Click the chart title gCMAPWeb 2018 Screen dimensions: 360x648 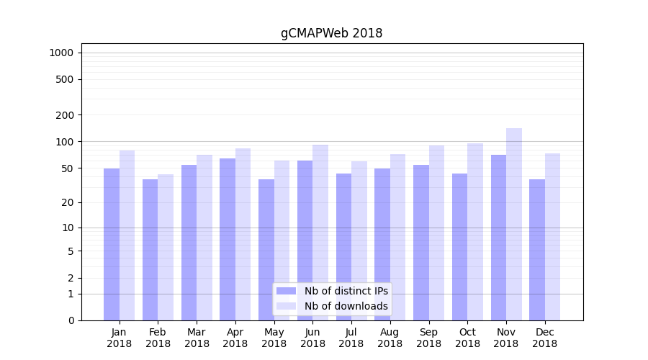pyautogui.click(x=331, y=33)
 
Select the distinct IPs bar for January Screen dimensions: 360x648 pyautogui.click(x=112, y=244)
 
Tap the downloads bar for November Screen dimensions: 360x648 pyautogui.click(x=514, y=224)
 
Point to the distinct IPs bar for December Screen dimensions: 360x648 pyautogui.click(x=537, y=249)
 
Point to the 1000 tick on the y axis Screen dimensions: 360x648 pyautogui.click(x=61, y=53)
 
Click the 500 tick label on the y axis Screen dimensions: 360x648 pyautogui.click(x=65, y=79)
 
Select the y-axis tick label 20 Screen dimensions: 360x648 pyautogui.click(x=68, y=202)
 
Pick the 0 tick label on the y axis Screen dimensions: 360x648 pyautogui.click(x=71, y=320)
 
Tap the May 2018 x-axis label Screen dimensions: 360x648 pyautogui.click(x=274, y=338)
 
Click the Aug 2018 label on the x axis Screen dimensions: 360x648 pyautogui.click(x=390, y=338)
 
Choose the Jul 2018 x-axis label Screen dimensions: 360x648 pyautogui.click(x=351, y=338)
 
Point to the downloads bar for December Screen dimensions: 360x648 pyautogui.click(x=552, y=237)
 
